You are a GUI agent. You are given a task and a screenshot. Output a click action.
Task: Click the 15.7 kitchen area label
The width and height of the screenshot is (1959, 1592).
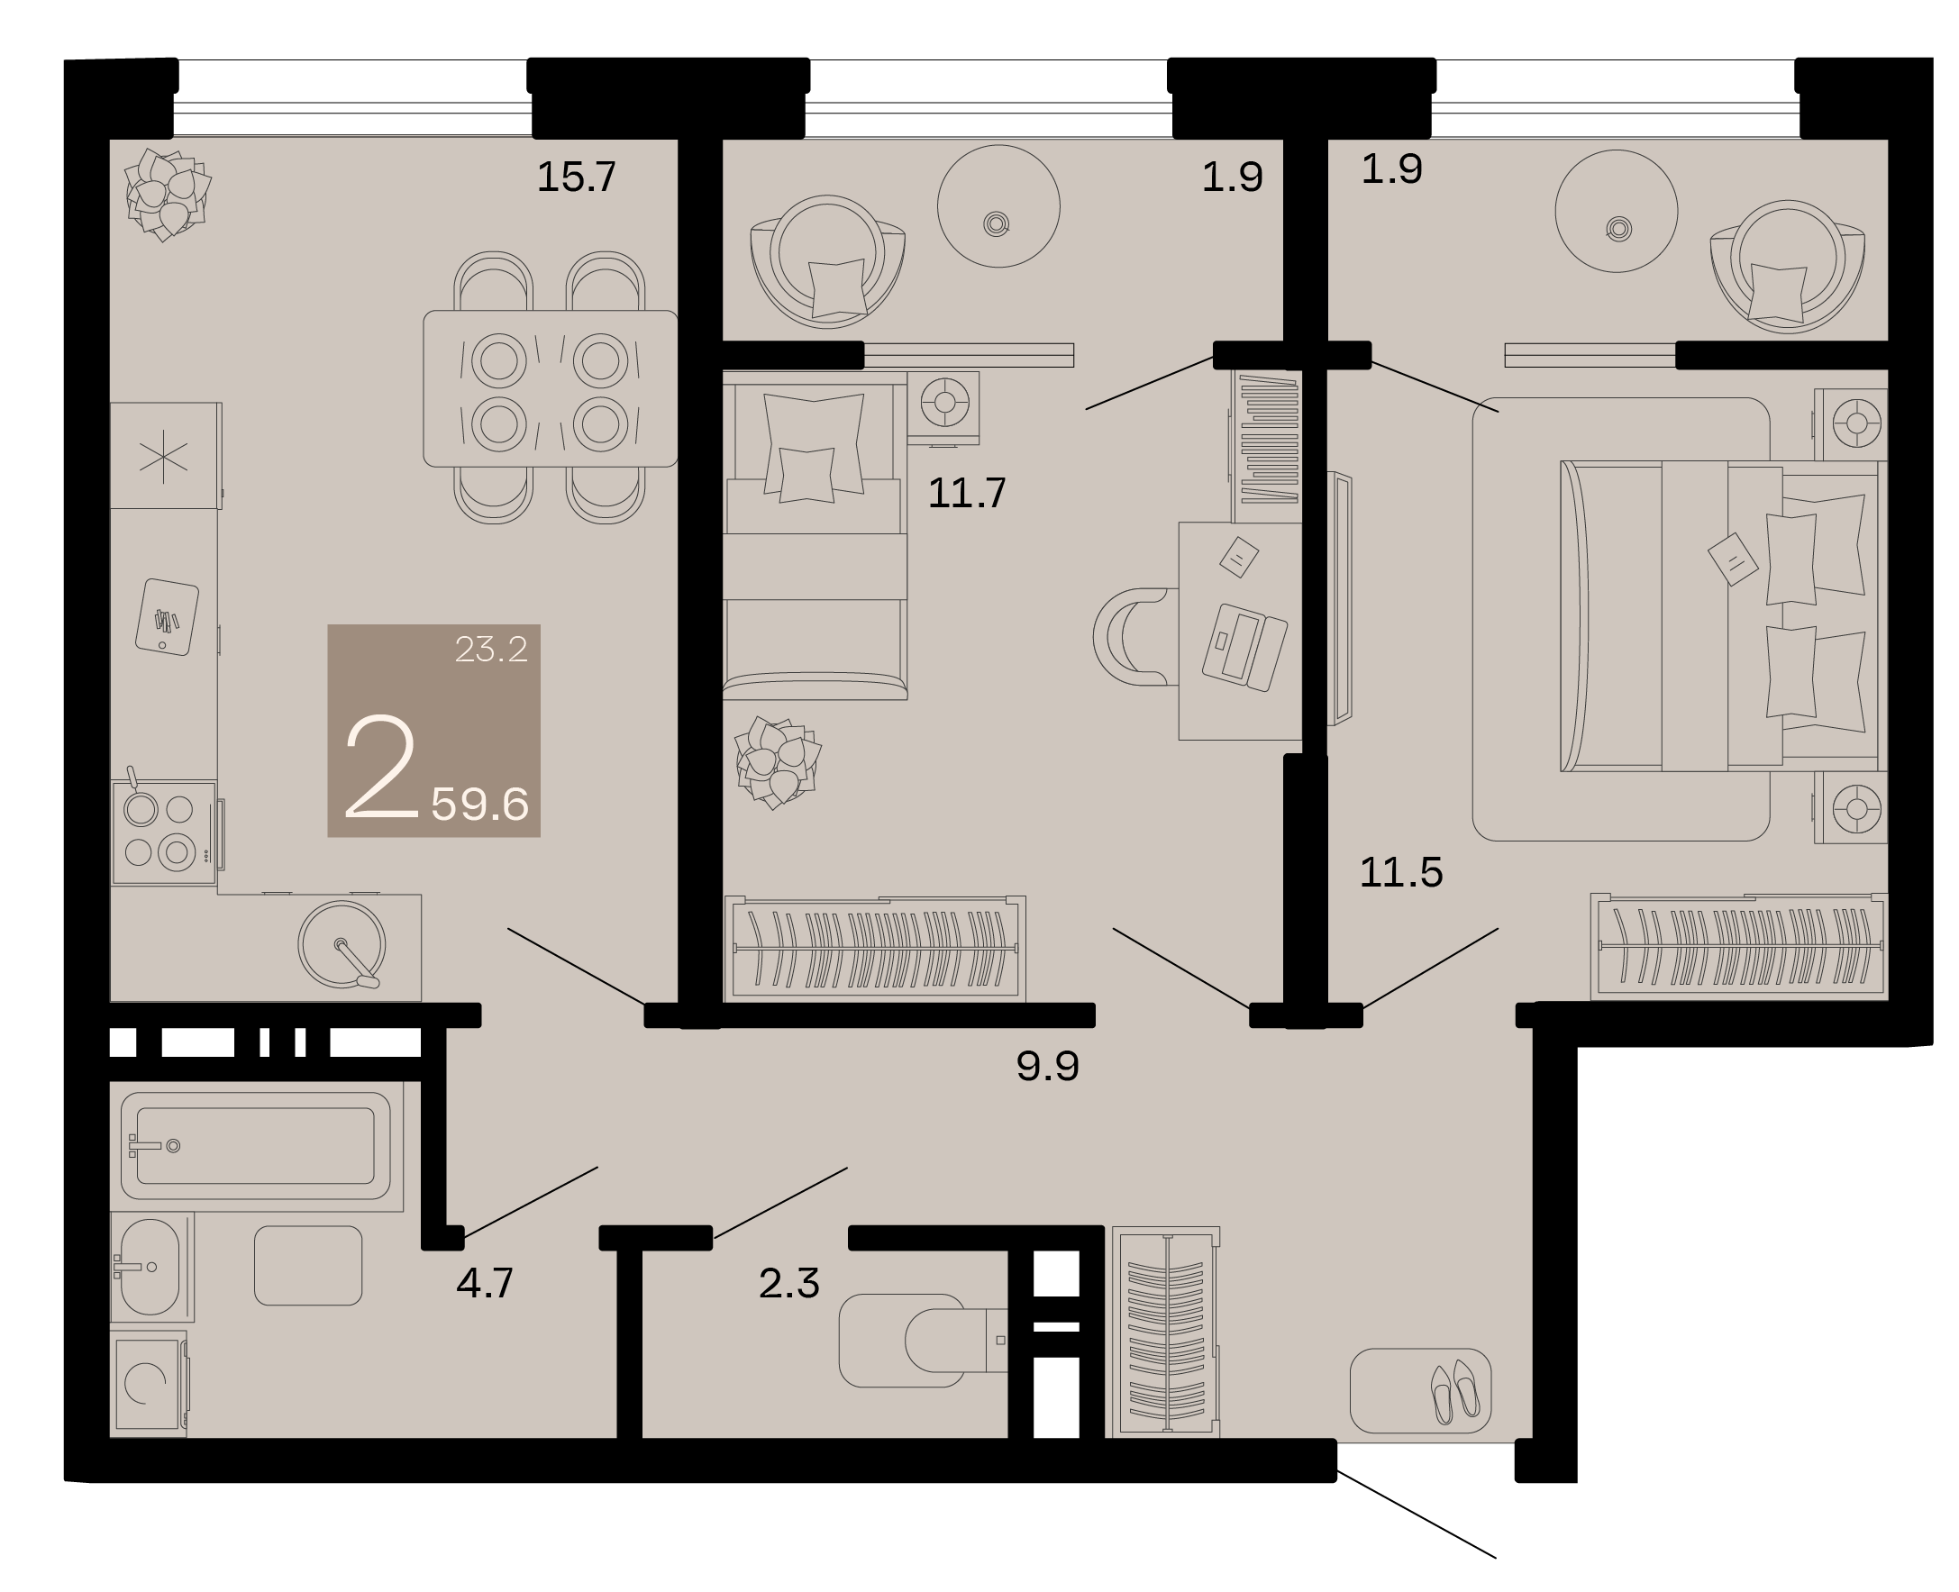[x=576, y=176]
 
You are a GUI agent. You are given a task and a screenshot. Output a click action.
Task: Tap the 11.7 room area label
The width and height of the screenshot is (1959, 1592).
[x=967, y=494]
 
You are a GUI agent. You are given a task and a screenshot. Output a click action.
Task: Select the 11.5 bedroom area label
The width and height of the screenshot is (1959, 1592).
[x=1400, y=872]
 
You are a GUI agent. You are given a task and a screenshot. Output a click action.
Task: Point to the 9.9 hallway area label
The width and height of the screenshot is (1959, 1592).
[x=1047, y=1066]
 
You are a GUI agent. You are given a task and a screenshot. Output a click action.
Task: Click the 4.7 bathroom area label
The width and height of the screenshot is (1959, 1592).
[x=484, y=1282]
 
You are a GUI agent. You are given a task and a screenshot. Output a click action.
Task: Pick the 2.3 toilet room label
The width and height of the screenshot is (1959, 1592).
[x=788, y=1283]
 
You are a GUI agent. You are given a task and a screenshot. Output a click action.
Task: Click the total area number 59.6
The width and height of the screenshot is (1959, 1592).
[x=479, y=805]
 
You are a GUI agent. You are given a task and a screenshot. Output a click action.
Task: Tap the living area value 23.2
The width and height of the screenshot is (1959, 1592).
[x=491, y=650]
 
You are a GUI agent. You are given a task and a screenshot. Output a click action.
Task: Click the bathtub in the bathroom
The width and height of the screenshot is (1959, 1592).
[x=256, y=1146]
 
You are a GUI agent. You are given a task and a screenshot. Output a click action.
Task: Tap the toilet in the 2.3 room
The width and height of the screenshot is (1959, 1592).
[x=925, y=1340]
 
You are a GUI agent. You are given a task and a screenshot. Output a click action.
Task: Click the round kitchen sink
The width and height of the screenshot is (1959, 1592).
[x=342, y=944]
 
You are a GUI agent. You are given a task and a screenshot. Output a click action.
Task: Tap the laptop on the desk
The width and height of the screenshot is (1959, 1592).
[x=1244, y=646]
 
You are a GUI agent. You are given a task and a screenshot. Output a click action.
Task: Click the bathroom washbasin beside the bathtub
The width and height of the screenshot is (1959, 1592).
[x=150, y=1267]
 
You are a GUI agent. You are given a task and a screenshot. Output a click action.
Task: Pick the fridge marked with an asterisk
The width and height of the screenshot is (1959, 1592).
[x=165, y=456]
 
